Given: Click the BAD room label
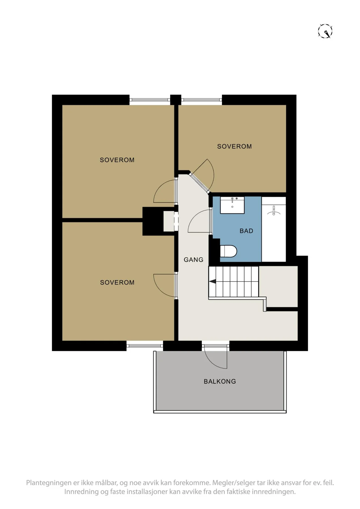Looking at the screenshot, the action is (x=246, y=231).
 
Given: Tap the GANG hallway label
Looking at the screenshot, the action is (x=193, y=260).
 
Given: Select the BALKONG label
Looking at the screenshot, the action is (x=220, y=381).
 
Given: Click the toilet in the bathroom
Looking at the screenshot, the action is (x=228, y=251).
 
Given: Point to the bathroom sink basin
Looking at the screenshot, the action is (x=232, y=205).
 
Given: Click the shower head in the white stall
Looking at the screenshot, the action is (x=274, y=211).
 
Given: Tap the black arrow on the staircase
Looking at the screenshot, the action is (x=212, y=281).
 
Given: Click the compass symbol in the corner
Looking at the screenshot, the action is (x=325, y=31).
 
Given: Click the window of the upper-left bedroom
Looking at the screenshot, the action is (x=150, y=100).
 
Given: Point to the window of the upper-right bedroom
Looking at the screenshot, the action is (x=202, y=100).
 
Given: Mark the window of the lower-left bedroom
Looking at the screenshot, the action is (x=145, y=346).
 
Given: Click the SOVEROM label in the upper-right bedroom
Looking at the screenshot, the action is (x=234, y=146).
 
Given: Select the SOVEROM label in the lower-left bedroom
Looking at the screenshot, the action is (x=117, y=282).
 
